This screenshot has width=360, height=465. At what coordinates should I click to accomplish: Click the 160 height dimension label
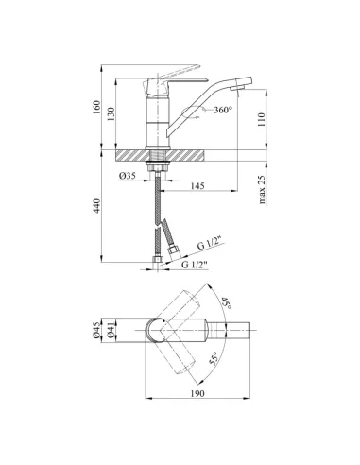pos(96,107)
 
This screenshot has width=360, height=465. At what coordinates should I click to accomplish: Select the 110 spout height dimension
pos(262,119)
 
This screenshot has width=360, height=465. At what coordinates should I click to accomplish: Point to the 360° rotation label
pos(223,110)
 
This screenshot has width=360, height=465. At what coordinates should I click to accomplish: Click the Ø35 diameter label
pos(128,176)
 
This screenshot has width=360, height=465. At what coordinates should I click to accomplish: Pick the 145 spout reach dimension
pos(197,186)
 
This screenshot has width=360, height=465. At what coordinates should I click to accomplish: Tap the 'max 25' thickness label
pos(262,189)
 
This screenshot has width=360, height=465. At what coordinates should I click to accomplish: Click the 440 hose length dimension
pos(96,206)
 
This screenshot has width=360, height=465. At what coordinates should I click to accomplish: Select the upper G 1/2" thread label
pos(210,244)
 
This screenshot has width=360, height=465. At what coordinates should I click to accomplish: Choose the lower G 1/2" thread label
pos(195,265)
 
